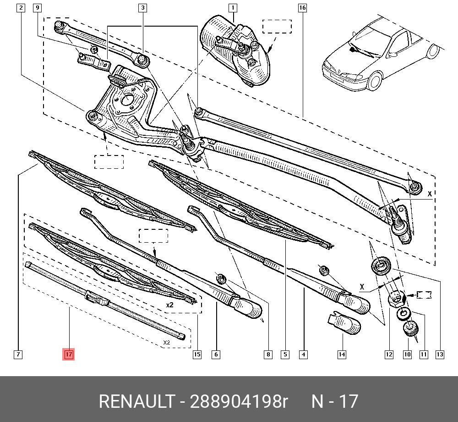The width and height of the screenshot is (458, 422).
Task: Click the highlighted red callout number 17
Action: tap(68, 354)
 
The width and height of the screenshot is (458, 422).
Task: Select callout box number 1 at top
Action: tap(233, 8)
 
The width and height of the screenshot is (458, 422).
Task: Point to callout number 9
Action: tap(38, 8)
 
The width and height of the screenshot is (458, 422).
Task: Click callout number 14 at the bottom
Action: tap(342, 354)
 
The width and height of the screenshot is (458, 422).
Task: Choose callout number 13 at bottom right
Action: tap(440, 354)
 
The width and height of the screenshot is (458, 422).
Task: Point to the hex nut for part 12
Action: tap(396, 299)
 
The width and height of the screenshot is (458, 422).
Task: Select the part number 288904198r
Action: tap(239, 401)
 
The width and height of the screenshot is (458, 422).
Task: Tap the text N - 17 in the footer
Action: tap(334, 401)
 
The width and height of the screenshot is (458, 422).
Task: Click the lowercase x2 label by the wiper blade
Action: tap(169, 305)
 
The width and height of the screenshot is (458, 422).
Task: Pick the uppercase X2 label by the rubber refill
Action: tap(167, 343)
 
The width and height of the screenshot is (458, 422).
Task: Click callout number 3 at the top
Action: tap(143, 8)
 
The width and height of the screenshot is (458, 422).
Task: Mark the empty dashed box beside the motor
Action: tap(277, 27)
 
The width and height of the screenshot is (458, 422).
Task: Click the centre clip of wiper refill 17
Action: tap(97, 299)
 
